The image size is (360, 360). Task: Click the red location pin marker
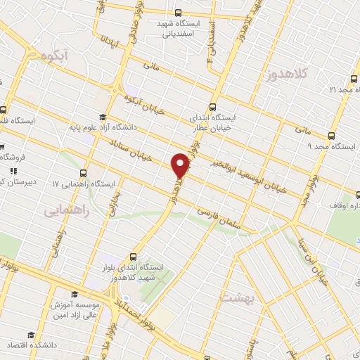(181, 165)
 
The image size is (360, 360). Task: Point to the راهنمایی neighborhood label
(67, 209)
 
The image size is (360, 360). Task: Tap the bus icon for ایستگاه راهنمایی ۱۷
(84, 173)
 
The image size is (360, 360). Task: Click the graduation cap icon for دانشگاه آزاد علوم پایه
(103, 117)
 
